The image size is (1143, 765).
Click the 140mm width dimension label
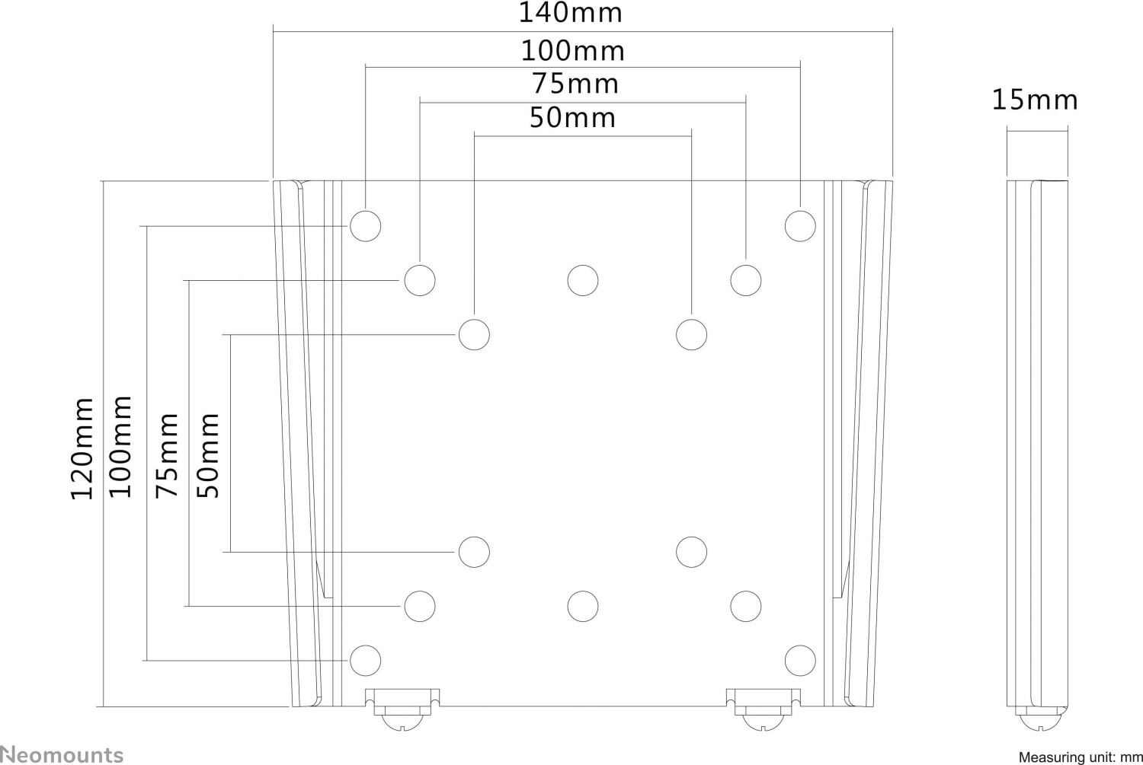(571, 13)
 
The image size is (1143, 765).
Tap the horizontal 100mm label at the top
(572, 51)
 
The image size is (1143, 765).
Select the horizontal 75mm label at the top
(575, 84)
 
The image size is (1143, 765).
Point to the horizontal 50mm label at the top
(572, 118)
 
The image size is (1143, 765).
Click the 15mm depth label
(1035, 100)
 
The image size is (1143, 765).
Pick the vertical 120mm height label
(82, 448)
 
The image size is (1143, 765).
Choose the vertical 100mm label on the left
(121, 447)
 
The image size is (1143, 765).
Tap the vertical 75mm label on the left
(167, 455)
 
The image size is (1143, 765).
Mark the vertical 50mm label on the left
(208, 455)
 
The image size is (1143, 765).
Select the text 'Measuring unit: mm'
(1081, 757)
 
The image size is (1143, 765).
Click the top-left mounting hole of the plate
(365, 226)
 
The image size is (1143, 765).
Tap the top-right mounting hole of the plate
(800, 226)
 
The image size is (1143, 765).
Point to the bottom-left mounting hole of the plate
(365, 661)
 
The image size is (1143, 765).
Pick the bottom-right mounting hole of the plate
(800, 661)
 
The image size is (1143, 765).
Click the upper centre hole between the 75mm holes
(583, 280)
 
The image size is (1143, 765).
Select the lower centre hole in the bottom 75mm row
(583, 607)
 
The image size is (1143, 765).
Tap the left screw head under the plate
(403, 722)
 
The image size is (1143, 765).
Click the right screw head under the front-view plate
(763, 722)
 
